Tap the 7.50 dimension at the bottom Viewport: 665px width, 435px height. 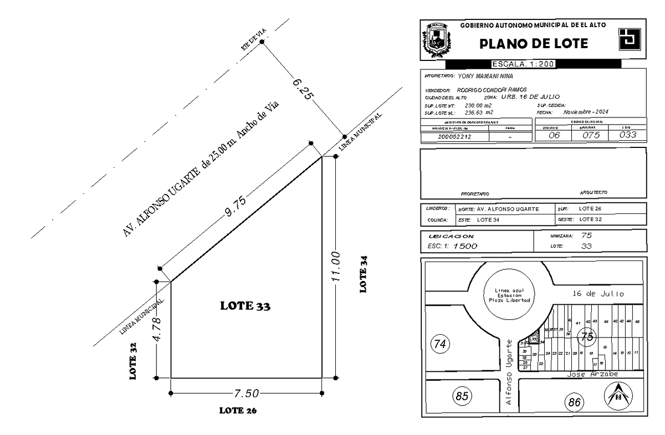tap(246, 393)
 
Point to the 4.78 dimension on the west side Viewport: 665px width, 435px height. tap(157, 330)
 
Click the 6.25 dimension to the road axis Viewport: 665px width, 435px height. tap(303, 89)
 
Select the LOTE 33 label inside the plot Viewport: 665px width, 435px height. tap(245, 305)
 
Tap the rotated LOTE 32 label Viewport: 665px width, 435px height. tap(133, 365)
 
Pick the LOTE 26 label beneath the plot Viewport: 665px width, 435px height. tap(238, 411)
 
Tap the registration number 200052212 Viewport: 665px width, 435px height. tap(454, 136)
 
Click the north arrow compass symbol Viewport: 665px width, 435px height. tap(617, 397)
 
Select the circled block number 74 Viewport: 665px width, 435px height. tap(440, 345)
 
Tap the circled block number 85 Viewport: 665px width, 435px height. tap(462, 396)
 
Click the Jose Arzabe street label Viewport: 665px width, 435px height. tap(592, 374)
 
